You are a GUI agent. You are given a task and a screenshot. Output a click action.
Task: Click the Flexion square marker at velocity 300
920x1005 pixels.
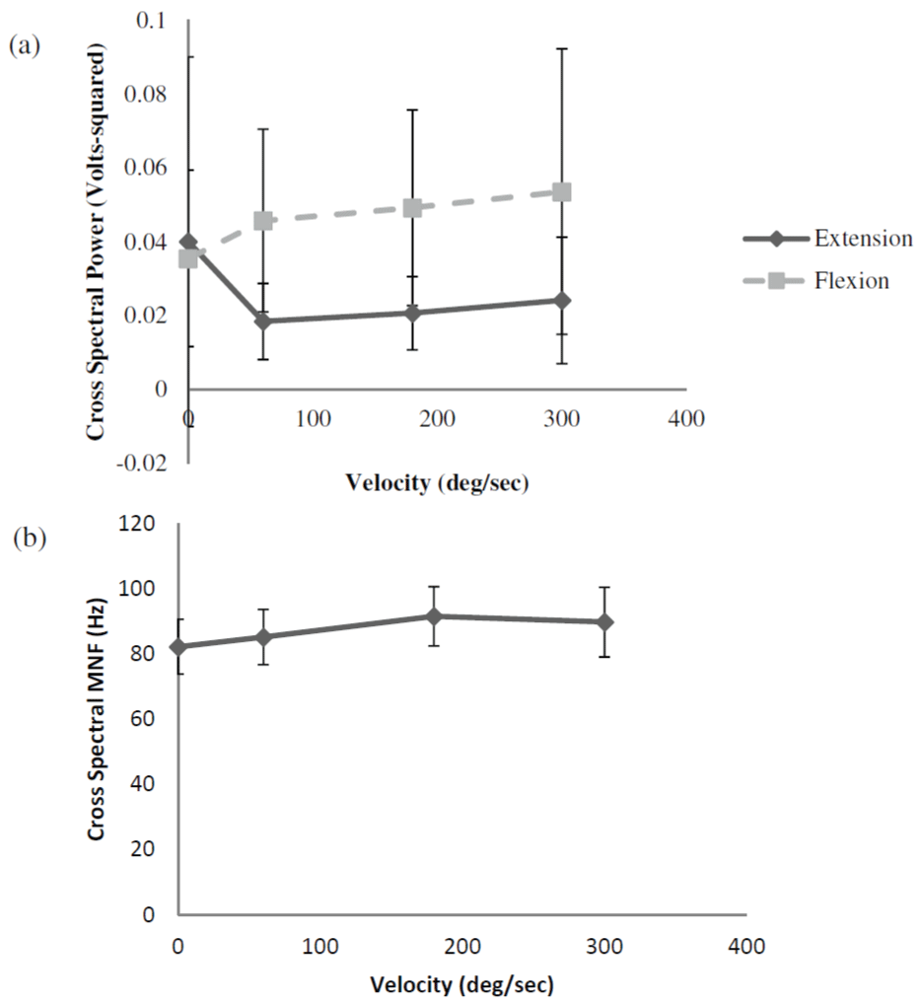[562, 191]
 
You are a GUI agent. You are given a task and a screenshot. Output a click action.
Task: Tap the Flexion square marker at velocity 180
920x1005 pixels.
[413, 208]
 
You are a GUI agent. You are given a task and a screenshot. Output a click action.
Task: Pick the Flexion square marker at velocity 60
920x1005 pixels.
[263, 221]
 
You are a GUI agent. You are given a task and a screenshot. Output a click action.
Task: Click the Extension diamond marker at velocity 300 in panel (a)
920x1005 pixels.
[561, 300]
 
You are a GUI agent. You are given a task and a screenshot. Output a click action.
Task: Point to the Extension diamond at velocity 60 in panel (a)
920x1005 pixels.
[263, 321]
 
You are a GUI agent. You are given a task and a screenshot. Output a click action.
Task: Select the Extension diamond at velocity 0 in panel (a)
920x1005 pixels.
[189, 242]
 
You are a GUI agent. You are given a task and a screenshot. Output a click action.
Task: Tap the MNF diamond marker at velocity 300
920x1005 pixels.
[604, 622]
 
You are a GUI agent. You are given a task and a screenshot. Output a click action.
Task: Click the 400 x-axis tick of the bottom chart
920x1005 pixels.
[745, 946]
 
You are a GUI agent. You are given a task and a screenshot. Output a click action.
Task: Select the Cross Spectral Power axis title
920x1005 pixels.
[97, 242]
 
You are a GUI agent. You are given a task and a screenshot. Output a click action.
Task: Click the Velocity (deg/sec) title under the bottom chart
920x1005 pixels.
[460, 984]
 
